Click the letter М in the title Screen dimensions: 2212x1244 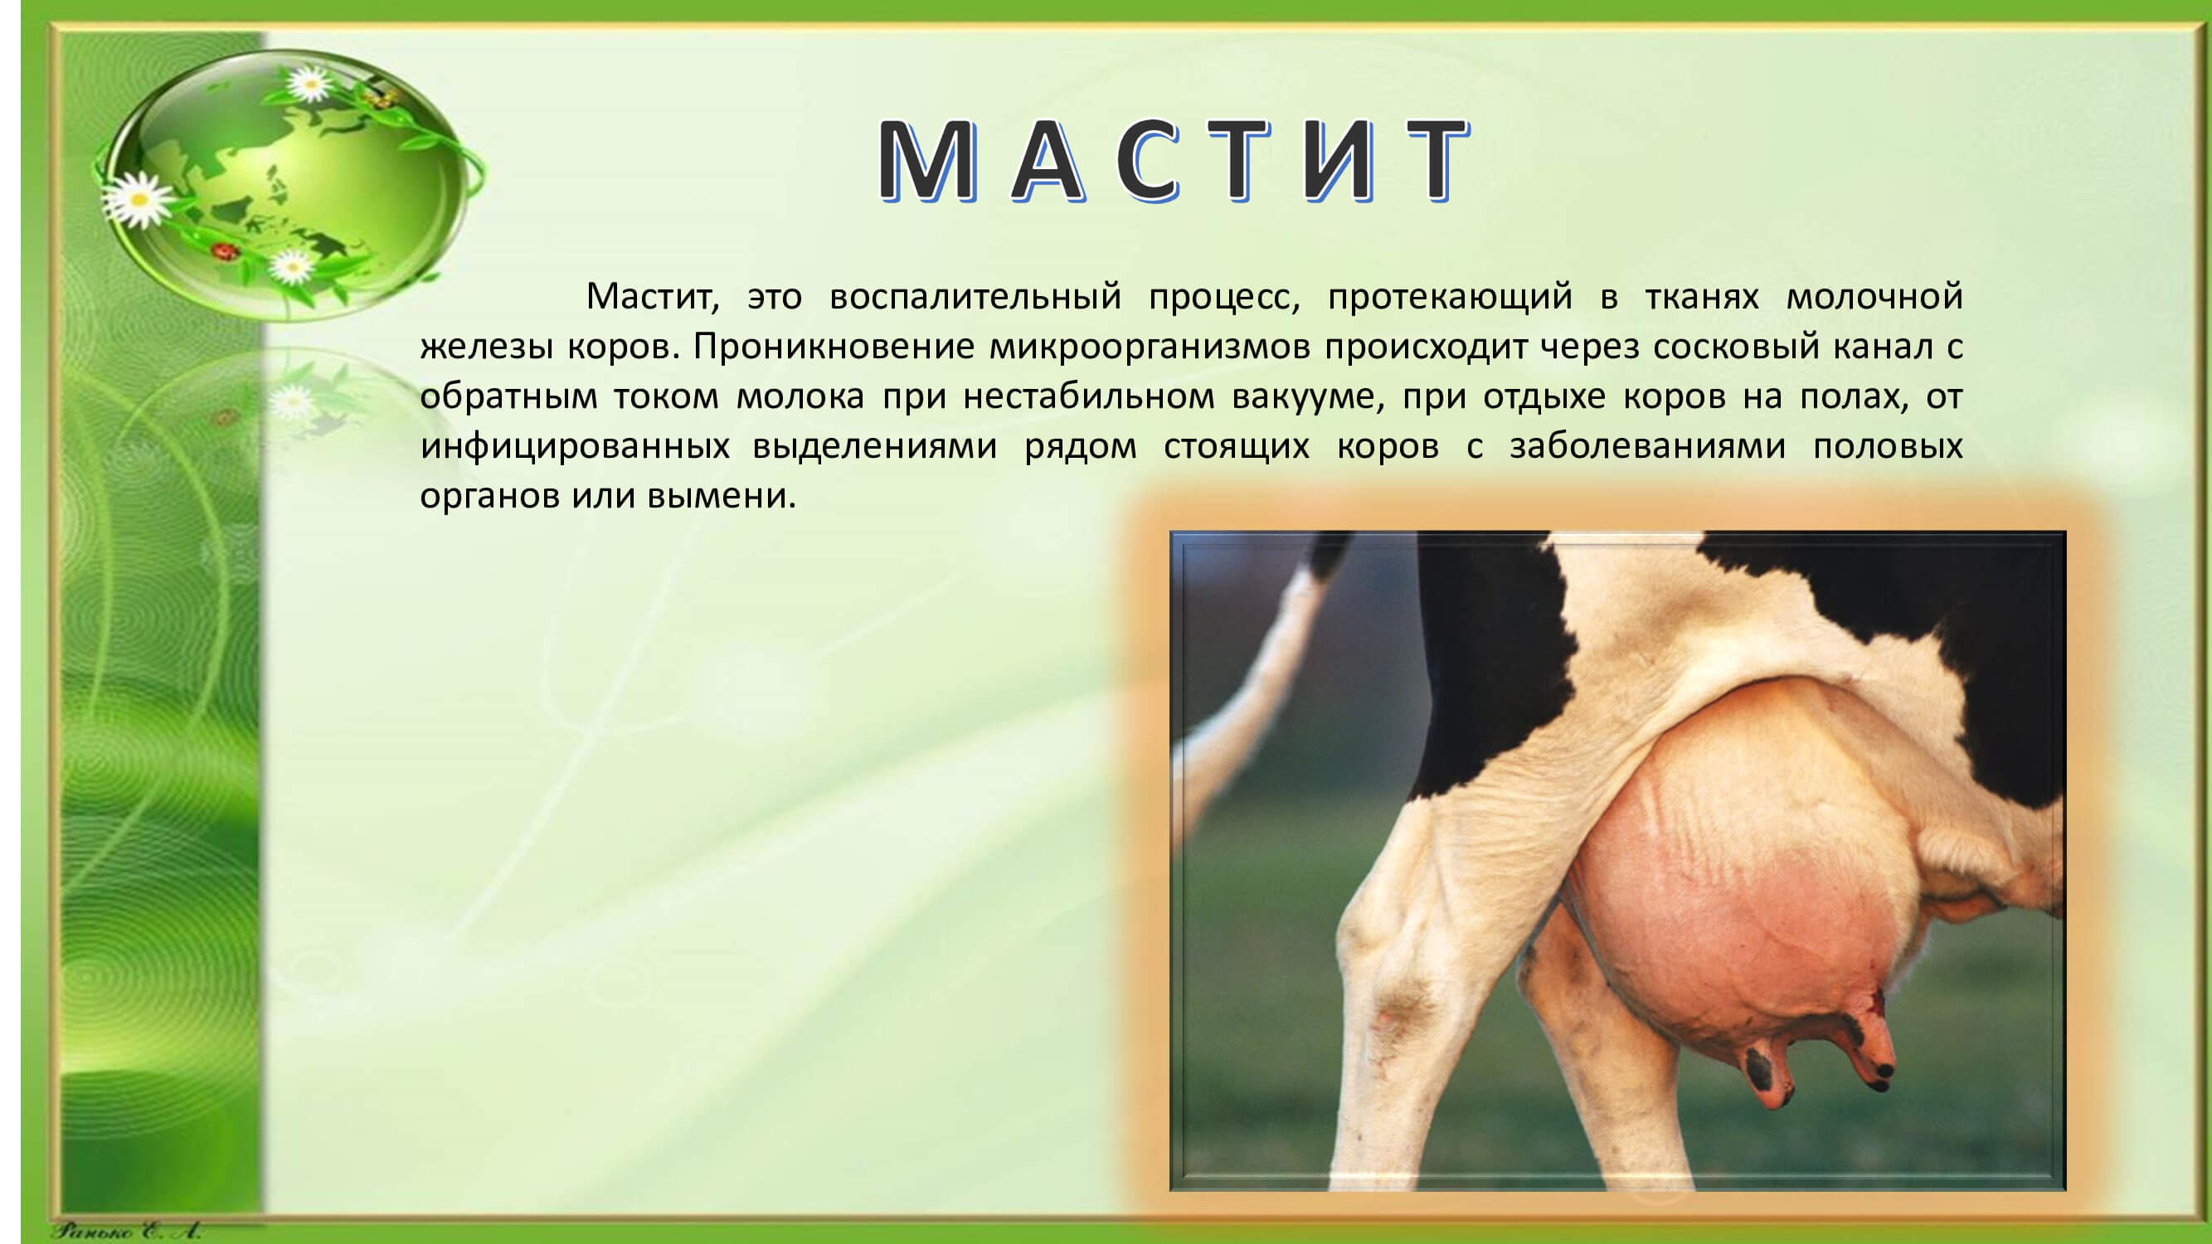click(x=927, y=160)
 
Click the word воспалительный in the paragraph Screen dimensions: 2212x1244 click(x=975, y=298)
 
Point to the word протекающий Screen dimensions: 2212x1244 click(x=1451, y=298)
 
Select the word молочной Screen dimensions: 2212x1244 click(x=1874, y=296)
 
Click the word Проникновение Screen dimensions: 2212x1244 click(x=834, y=347)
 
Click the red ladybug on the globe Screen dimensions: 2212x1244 click(x=226, y=250)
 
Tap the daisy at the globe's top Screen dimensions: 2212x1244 click(x=309, y=83)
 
